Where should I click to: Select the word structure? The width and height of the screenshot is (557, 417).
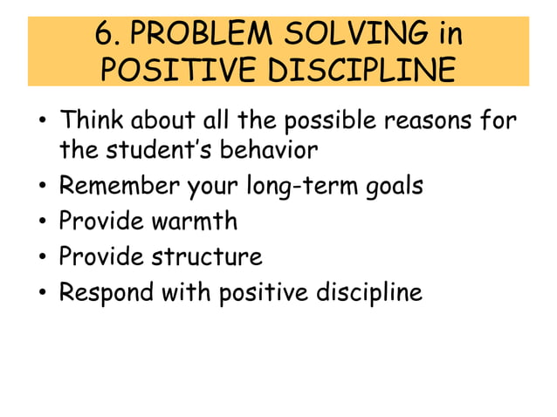coord(207,256)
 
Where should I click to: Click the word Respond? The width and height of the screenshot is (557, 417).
coord(106,292)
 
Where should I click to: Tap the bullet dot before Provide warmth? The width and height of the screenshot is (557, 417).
coord(42,222)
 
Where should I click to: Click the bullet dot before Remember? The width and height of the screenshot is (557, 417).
coord(42,187)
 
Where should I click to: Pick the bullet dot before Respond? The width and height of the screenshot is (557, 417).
coord(42,293)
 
